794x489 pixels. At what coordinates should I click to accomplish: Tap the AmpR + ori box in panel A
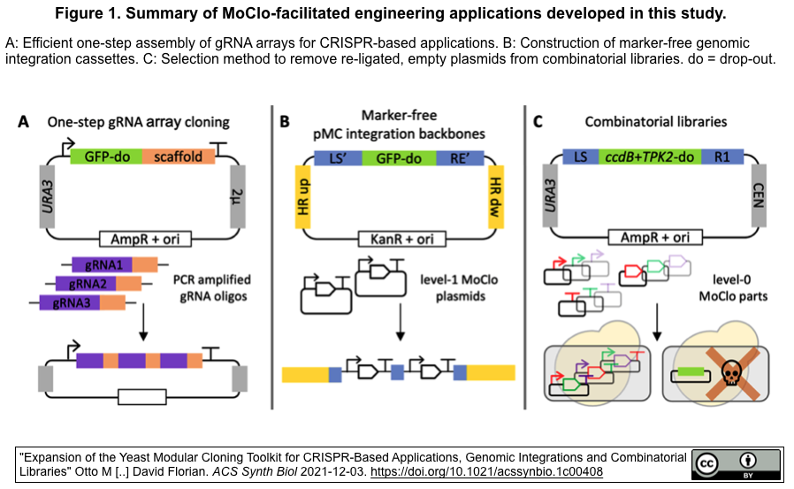[139, 239]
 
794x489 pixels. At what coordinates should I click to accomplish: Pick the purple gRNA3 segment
[70, 302]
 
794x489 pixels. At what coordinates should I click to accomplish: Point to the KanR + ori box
[399, 239]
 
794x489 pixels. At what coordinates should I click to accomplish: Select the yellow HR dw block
[497, 196]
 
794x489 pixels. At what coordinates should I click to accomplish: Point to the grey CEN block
[757, 196]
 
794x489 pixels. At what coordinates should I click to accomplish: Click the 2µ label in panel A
[237, 196]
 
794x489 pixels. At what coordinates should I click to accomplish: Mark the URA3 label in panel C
[552, 196]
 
